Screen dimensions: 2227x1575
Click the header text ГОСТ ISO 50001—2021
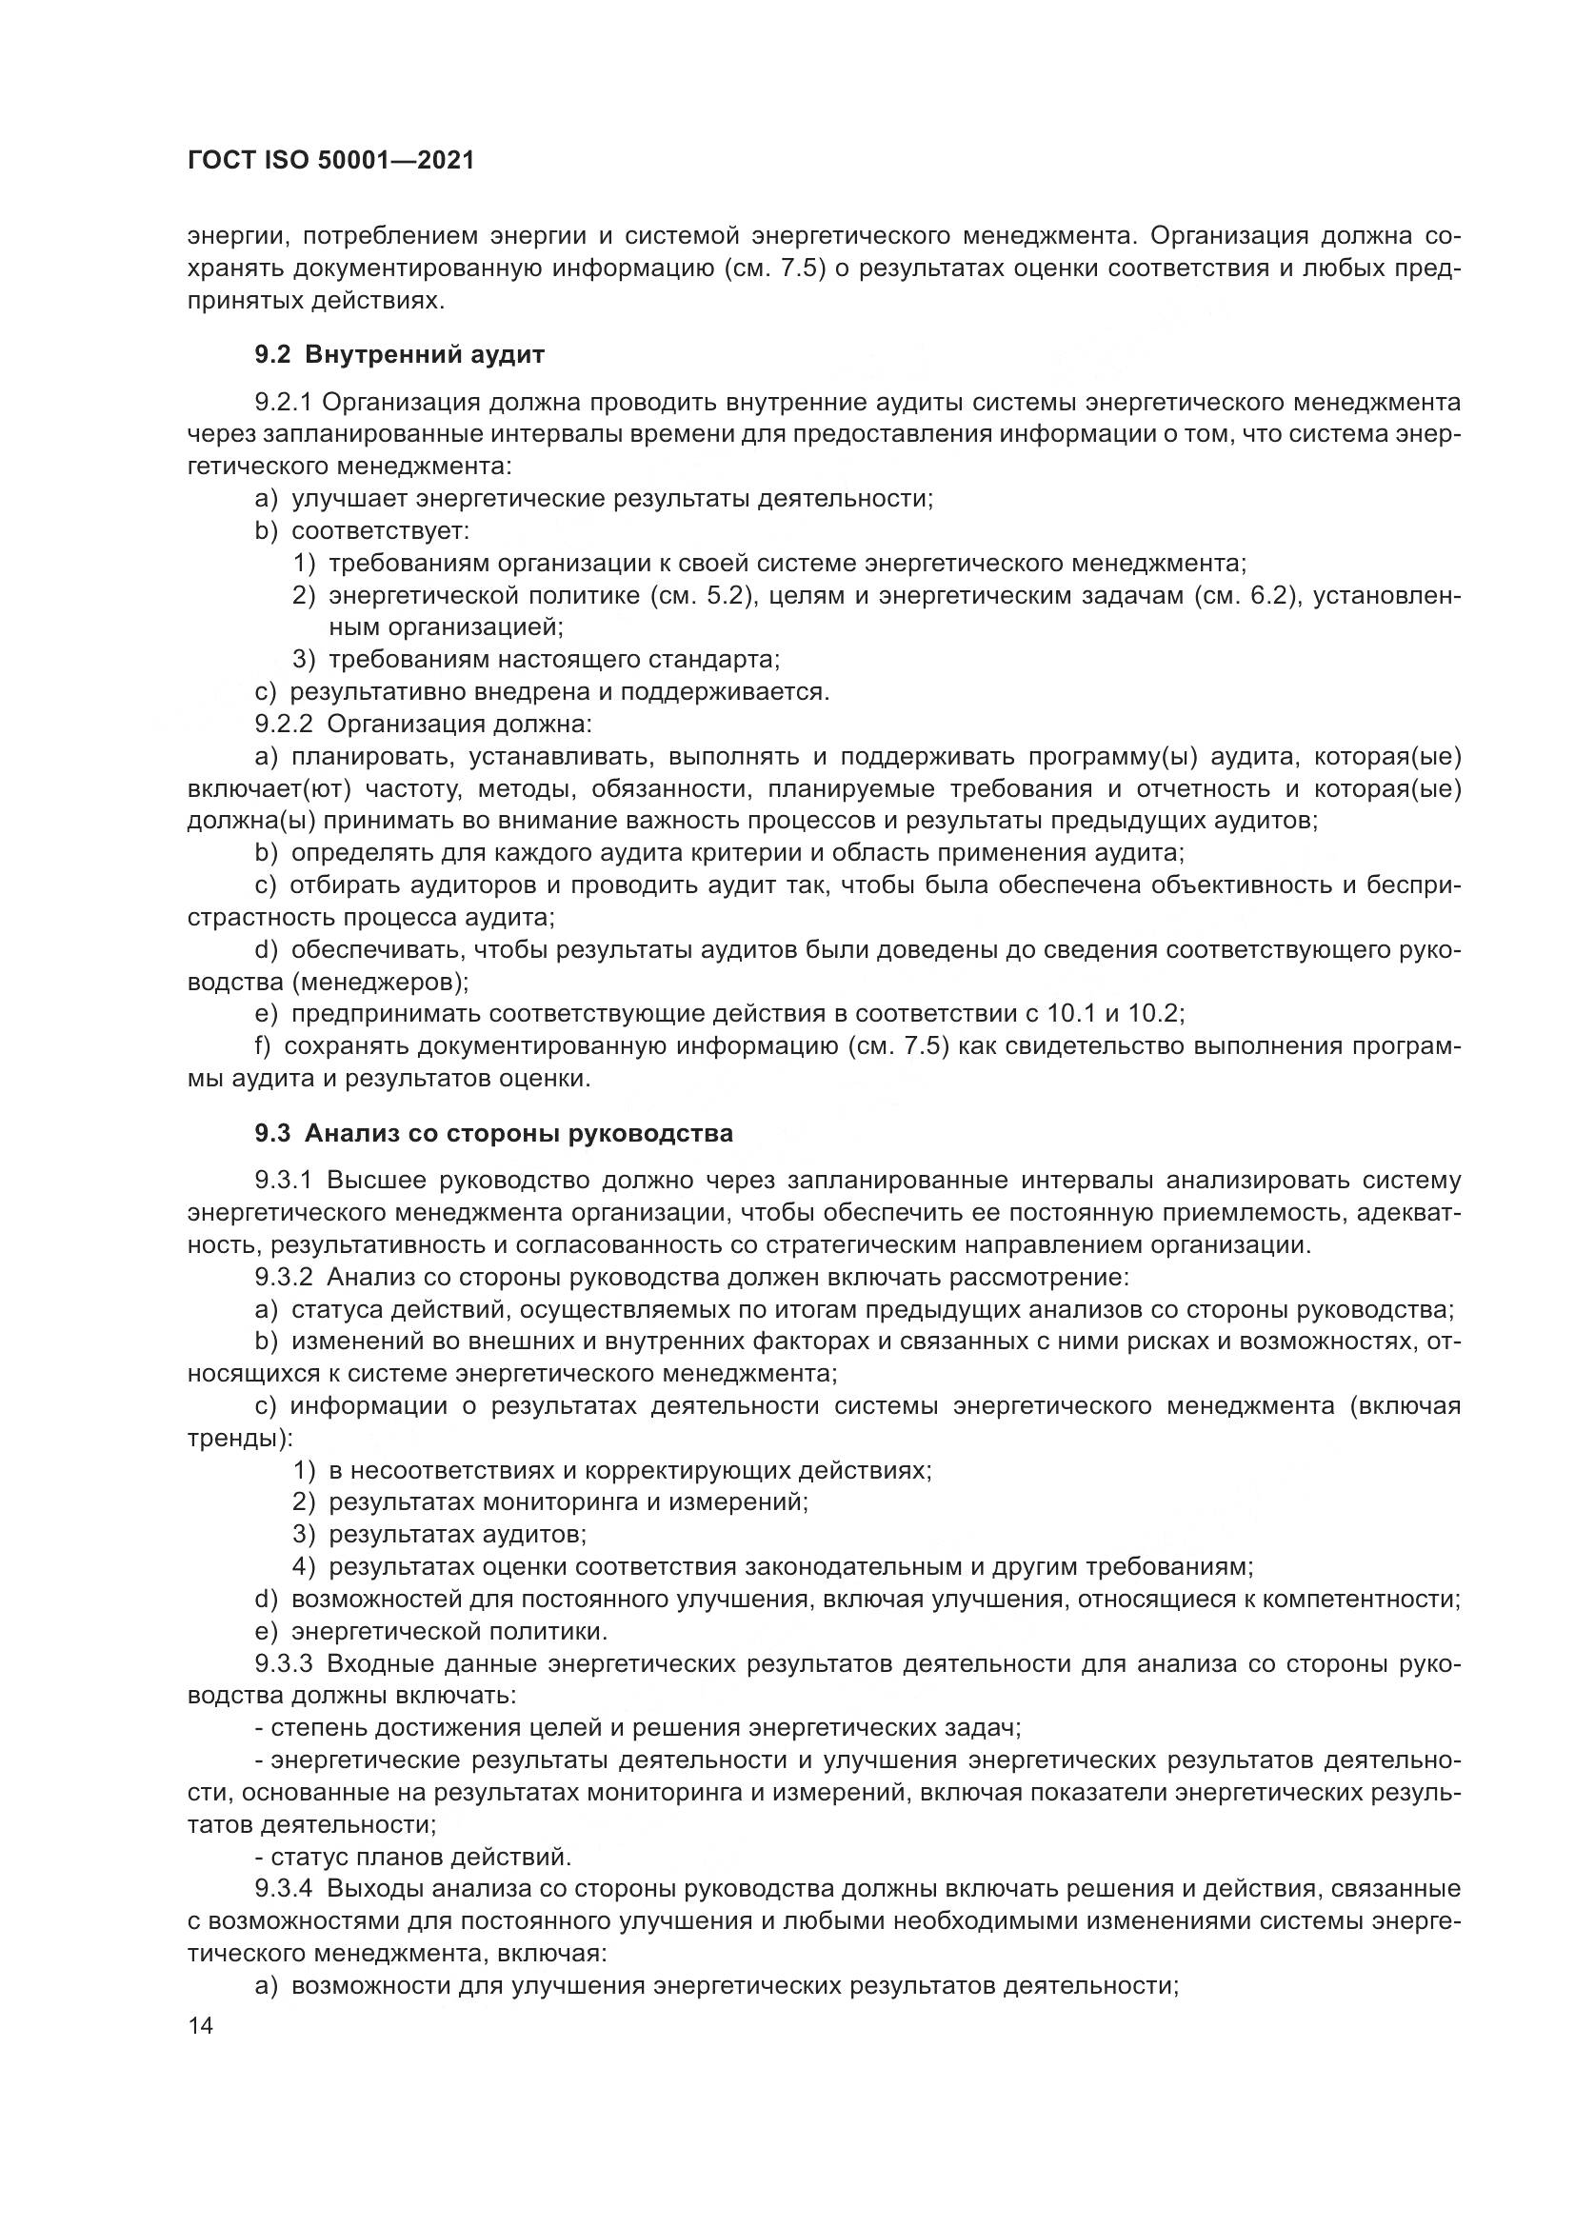pyautogui.click(x=330, y=161)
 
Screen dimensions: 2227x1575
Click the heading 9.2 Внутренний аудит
pyautogui.click(x=400, y=355)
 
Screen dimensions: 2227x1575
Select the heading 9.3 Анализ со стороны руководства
pyautogui.click(x=493, y=1133)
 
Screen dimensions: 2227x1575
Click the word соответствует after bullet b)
pyautogui.click(x=380, y=531)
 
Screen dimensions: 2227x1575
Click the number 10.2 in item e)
pyautogui.click(x=1157, y=1015)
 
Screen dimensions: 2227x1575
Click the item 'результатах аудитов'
pyautogui.click(x=457, y=1535)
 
